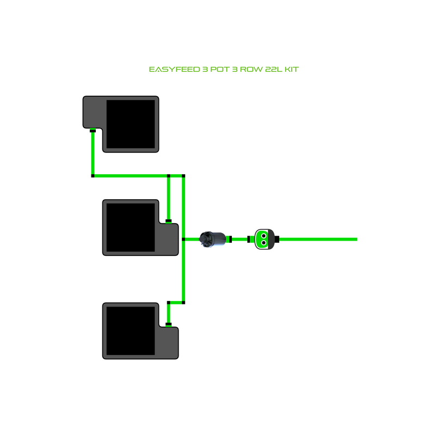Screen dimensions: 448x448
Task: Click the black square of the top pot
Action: (x=131, y=124)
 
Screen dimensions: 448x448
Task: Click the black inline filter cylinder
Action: (x=212, y=239)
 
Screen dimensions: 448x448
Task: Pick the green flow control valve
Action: (x=263, y=239)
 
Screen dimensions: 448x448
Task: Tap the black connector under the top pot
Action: (x=93, y=131)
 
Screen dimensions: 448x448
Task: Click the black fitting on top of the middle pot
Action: (x=169, y=221)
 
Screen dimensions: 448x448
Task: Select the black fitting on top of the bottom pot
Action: (x=169, y=324)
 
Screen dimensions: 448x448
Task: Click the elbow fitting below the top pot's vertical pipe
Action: (x=93, y=176)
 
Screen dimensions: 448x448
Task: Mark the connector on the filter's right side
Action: (x=231, y=239)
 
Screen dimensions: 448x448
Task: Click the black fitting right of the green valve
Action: (x=277, y=239)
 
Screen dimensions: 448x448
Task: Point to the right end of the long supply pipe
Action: (x=355, y=239)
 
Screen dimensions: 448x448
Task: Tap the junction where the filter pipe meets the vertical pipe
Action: (x=183, y=239)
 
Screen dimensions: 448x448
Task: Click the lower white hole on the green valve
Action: (x=263, y=243)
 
